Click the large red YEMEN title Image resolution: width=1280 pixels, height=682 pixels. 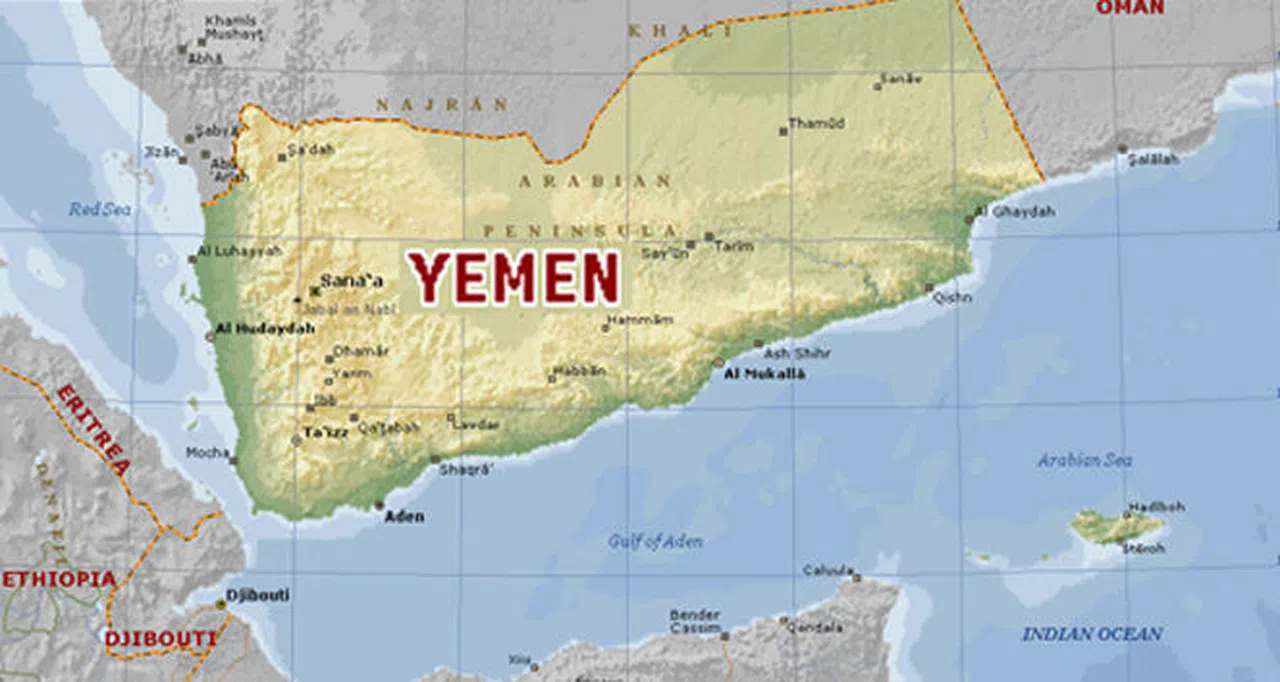pyautogui.click(x=515, y=279)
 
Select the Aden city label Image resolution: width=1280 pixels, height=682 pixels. pyautogui.click(x=404, y=517)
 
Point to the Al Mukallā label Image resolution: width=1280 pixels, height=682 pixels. pyautogui.click(x=764, y=375)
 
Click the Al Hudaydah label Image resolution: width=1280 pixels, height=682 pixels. pyautogui.click(x=258, y=327)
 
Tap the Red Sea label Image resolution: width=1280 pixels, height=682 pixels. pyautogui.click(x=100, y=210)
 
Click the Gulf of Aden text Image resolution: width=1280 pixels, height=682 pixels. pyautogui.click(x=655, y=541)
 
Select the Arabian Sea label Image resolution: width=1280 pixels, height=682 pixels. pyautogui.click(x=1084, y=460)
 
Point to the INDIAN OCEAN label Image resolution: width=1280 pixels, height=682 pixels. pyautogui.click(x=1092, y=634)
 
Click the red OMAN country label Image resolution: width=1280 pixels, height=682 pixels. pyautogui.click(x=1130, y=8)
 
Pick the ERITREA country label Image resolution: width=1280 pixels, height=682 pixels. pyautogui.click(x=93, y=429)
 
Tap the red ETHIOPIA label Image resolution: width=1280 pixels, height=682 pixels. pyautogui.click(x=59, y=579)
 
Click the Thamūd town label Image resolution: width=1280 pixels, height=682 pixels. pyautogui.click(x=816, y=124)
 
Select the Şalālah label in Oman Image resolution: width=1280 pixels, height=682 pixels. pyautogui.click(x=1153, y=159)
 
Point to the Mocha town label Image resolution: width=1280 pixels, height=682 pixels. pyautogui.click(x=207, y=453)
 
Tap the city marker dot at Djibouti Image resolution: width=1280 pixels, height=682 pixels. pyautogui.click(x=221, y=604)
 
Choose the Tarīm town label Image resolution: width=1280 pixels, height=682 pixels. pyautogui.click(x=733, y=245)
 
